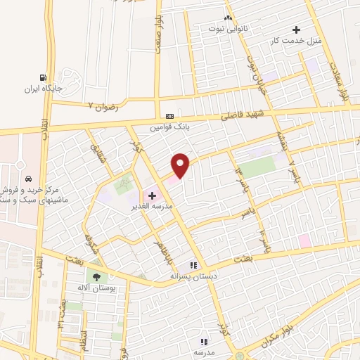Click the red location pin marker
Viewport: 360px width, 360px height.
(181, 165)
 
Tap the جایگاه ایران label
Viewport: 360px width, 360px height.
(44, 89)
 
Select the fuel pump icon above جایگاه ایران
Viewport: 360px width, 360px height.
(44, 77)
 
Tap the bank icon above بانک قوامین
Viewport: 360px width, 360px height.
(169, 116)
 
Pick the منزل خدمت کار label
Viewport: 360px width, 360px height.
(296, 41)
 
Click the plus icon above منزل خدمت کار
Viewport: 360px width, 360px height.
(297, 30)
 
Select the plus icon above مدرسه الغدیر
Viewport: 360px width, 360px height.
(152, 195)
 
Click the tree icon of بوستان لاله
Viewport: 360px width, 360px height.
(96, 276)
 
